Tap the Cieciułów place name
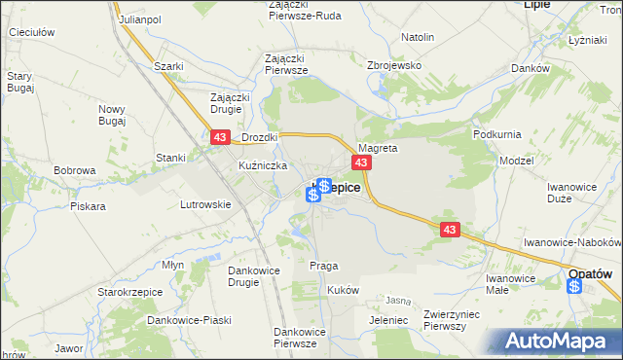tap(30, 32)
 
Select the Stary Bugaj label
tap(19, 81)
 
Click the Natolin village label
tap(417, 37)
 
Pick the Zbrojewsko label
tap(392, 65)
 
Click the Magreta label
tap(378, 149)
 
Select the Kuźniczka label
tap(262, 166)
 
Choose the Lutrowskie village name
tap(205, 204)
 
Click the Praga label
tap(323, 265)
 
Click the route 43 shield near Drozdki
tap(220, 139)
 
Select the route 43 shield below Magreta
tap(361, 162)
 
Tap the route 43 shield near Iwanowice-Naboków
tap(449, 230)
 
